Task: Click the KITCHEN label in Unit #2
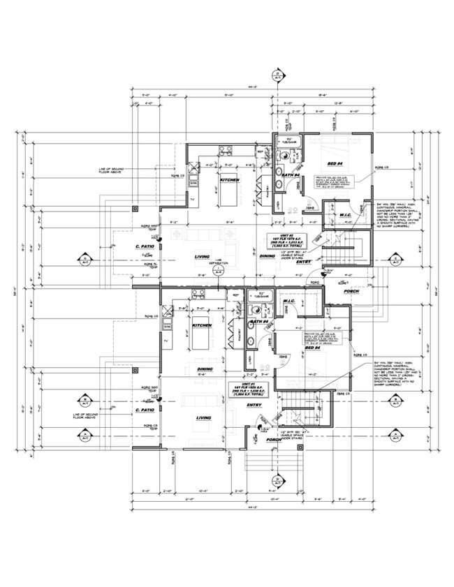(211, 180)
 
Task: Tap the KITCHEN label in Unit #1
(202, 325)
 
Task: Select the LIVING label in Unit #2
(203, 258)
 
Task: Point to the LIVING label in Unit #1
(203, 418)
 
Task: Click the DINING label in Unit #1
(205, 369)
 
